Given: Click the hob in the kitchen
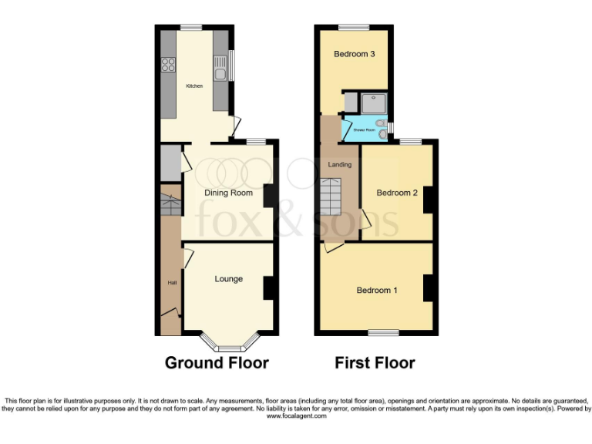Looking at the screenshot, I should tap(168, 65).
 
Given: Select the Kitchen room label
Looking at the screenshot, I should tap(194, 86).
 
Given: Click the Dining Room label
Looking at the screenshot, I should tap(228, 193).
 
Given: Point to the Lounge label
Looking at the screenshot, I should tap(229, 278).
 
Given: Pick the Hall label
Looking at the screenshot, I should tap(171, 283).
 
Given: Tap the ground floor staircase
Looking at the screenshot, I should tap(170, 204).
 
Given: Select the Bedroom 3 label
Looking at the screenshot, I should tap(354, 54).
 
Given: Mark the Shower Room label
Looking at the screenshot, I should tap(364, 130).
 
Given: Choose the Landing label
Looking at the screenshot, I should tap(339, 164).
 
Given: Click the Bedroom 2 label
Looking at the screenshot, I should tap(396, 193).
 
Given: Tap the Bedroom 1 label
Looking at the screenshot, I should tap(376, 291).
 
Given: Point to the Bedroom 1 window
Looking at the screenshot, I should tap(383, 333).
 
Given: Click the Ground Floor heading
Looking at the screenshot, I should tap(217, 362).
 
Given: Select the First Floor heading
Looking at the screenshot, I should tap(375, 362).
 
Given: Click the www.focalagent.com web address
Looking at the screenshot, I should tap(297, 415).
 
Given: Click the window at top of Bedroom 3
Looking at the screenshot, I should tap(354, 28).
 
